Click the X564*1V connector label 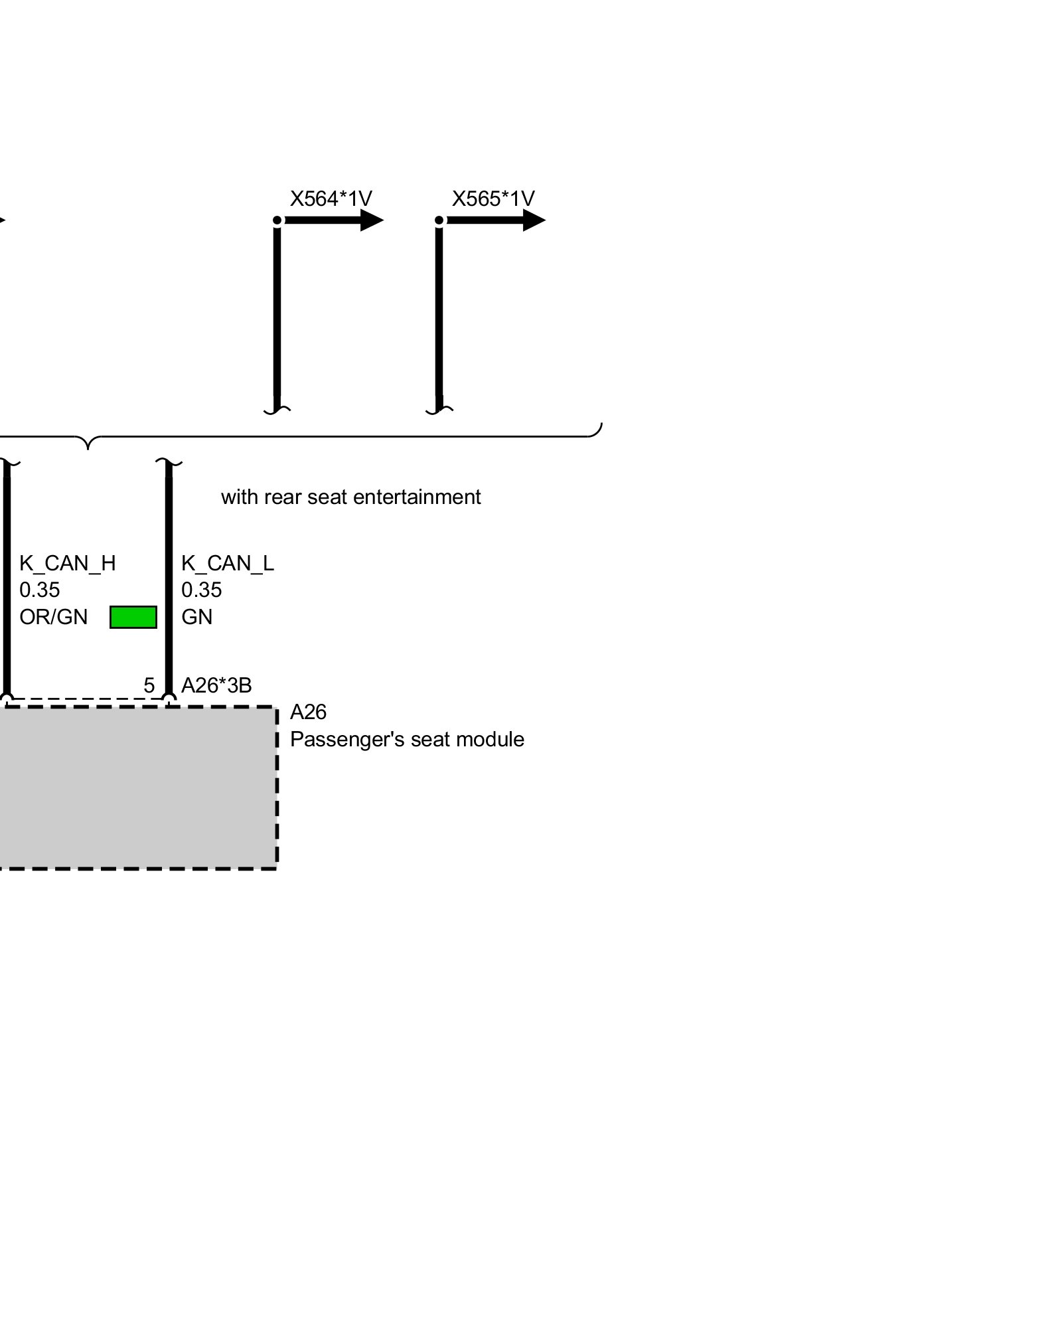(x=331, y=199)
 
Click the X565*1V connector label (x=493, y=199)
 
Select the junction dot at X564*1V (x=277, y=220)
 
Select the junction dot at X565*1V (x=439, y=220)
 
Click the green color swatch (x=133, y=617)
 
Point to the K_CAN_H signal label (x=68, y=564)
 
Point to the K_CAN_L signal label (x=228, y=564)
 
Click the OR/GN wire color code (x=54, y=617)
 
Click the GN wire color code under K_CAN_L (x=197, y=617)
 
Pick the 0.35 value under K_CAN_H (x=40, y=590)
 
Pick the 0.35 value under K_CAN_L (x=202, y=590)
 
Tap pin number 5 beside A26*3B (x=149, y=685)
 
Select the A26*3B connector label (x=216, y=685)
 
